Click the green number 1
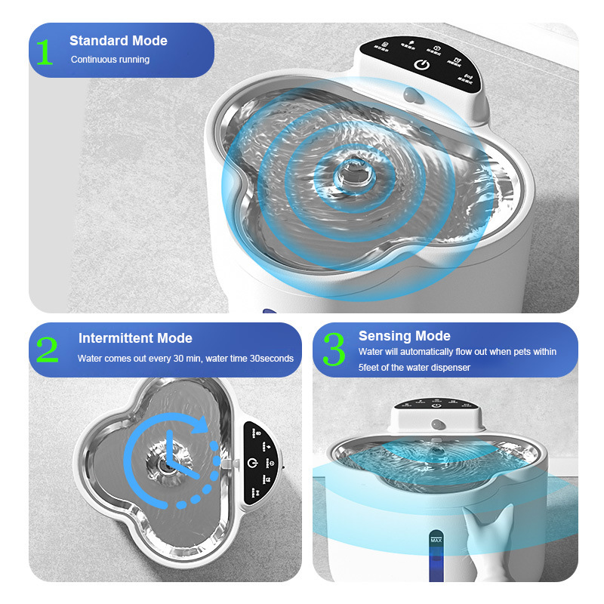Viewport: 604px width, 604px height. [45, 51]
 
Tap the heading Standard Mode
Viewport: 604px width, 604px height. [119, 41]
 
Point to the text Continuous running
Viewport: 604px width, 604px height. [110, 60]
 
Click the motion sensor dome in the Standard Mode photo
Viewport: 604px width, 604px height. [413, 95]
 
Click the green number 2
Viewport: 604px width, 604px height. [47, 350]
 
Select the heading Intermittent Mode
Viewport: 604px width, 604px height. [135, 338]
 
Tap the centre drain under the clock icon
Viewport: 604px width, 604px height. [166, 465]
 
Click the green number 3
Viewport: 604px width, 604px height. [333, 350]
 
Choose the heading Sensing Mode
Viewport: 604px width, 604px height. [404, 336]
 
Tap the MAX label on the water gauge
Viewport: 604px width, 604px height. [436, 540]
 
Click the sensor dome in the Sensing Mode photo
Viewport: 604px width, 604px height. [436, 426]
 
